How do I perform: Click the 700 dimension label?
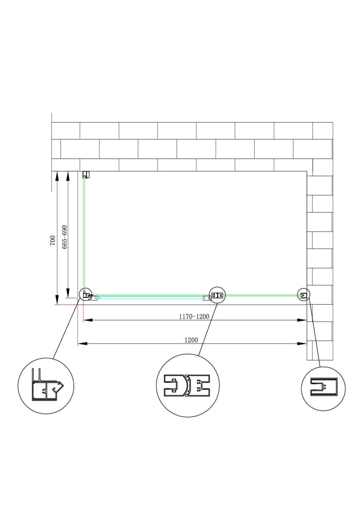coord(53,241)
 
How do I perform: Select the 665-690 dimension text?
coord(64,237)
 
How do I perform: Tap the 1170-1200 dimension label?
coord(194,317)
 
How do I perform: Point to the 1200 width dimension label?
coord(191,340)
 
